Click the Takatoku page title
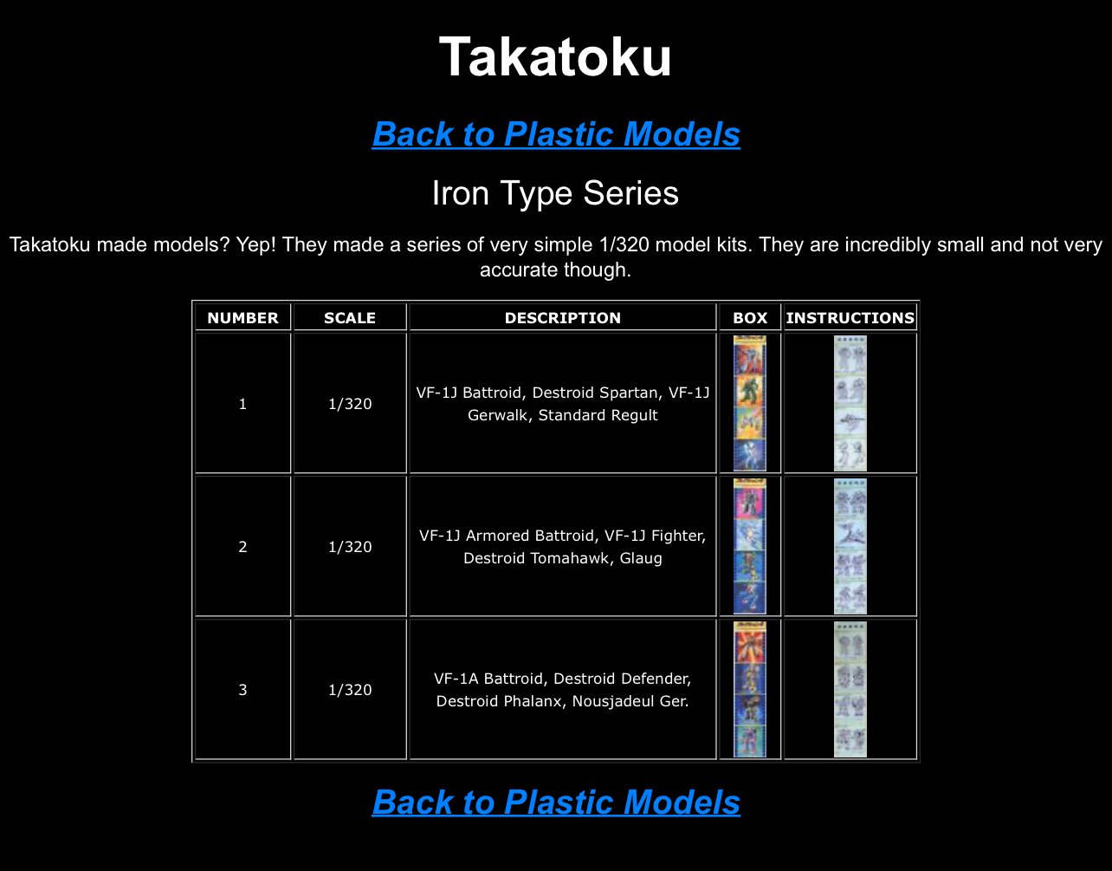tap(555, 57)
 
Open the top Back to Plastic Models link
tap(556, 134)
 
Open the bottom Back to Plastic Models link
tap(556, 802)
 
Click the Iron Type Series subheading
tap(555, 193)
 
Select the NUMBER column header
tap(243, 318)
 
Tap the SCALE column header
tap(350, 318)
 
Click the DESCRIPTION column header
tap(563, 318)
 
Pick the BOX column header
tap(750, 318)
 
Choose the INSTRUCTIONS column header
tap(850, 318)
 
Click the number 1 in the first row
tap(243, 404)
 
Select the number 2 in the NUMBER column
tap(243, 547)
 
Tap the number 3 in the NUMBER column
tap(243, 690)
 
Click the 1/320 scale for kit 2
tap(350, 547)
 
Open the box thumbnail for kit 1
tap(750, 404)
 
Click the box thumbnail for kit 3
tap(750, 689)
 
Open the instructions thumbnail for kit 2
tap(850, 546)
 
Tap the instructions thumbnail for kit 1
tap(850, 404)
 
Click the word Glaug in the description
tap(641, 558)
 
